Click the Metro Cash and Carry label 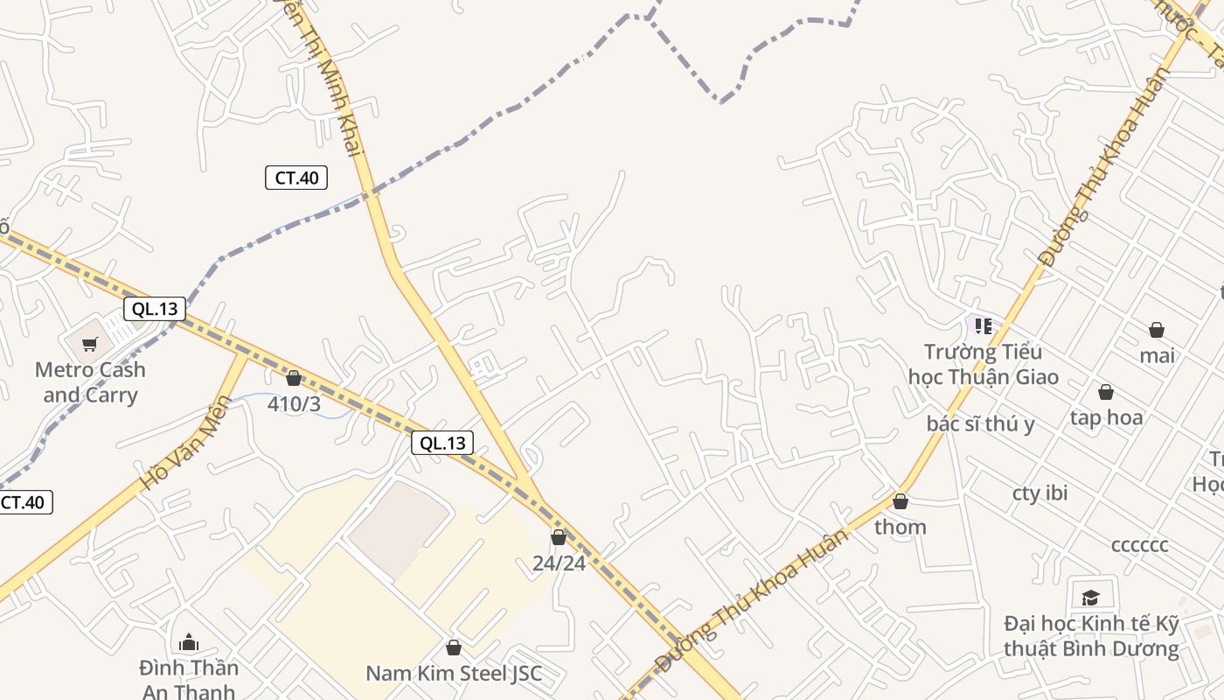point(90,382)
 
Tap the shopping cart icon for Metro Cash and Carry point(89,344)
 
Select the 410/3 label point(295,404)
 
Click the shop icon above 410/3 point(294,378)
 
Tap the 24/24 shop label point(559,563)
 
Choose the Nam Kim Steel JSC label point(454,673)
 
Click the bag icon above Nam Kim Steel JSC point(453,647)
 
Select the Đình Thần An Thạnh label point(189,679)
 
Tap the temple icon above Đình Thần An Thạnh point(189,643)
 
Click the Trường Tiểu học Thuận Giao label point(984,364)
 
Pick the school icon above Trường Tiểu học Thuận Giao point(984,326)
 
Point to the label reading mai point(1157,355)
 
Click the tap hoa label point(1106,417)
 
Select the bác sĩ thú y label point(980,423)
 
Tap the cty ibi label point(1040,493)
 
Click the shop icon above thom point(901,501)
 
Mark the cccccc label point(1139,544)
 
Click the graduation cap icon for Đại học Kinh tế point(1090,598)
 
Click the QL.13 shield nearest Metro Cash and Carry point(155,308)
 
